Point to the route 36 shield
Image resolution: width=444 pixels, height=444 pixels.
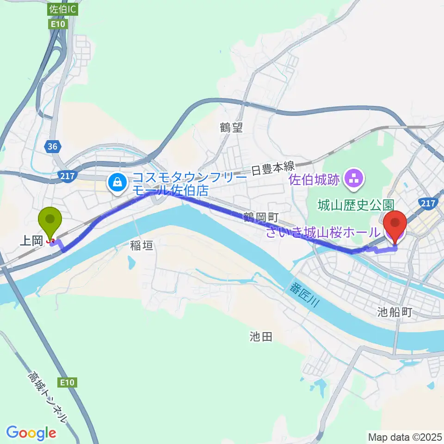52,147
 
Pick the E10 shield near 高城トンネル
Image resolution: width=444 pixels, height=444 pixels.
67,382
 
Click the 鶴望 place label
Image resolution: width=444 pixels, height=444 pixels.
231,128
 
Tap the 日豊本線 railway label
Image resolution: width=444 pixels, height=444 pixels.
273,170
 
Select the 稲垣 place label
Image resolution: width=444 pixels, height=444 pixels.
141,247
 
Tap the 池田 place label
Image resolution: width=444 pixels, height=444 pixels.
260,337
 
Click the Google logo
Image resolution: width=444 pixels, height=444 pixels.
31,433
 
